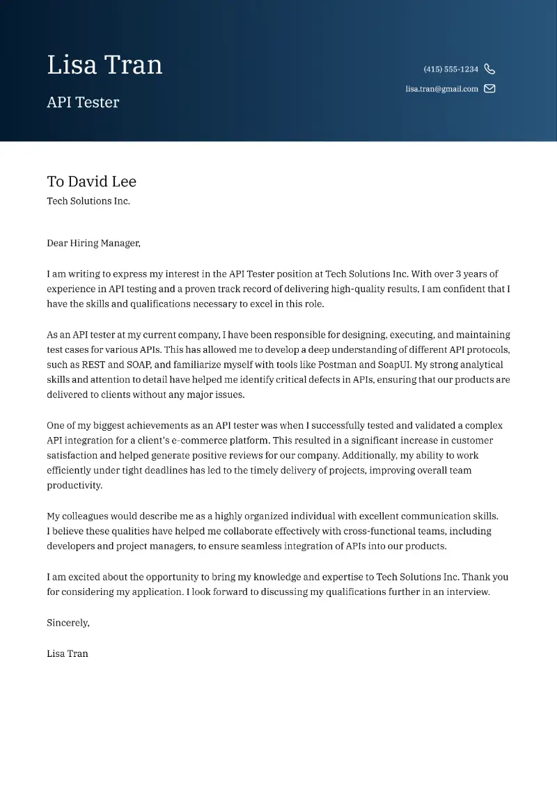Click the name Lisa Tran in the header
[104, 65]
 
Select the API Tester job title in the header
[83, 102]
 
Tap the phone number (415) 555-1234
[450, 70]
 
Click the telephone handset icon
[489, 69]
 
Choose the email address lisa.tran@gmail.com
[441, 89]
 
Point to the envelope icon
[489, 88]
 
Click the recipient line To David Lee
[91, 182]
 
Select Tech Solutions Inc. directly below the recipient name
[88, 201]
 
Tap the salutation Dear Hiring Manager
[93, 244]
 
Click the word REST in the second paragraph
[94, 365]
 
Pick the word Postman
[337, 365]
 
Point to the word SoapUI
[393, 365]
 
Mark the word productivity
[74, 486]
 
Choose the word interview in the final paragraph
[466, 592]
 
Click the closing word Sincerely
[68, 623]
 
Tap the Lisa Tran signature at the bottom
[68, 653]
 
